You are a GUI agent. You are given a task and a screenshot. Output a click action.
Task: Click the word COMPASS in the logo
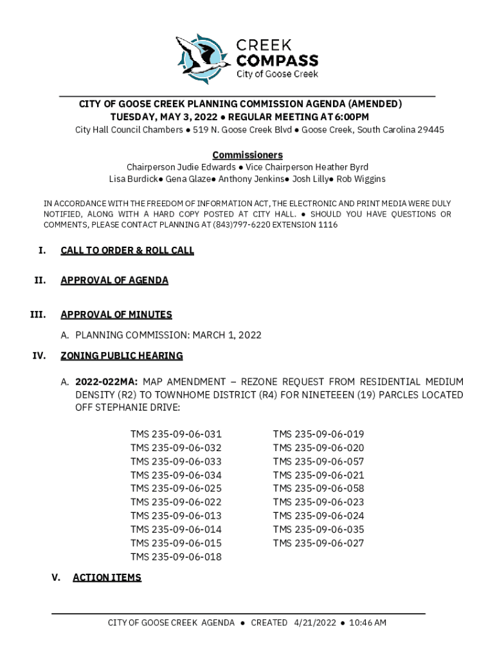click(x=278, y=60)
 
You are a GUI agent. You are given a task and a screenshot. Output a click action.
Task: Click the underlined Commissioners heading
click(x=248, y=156)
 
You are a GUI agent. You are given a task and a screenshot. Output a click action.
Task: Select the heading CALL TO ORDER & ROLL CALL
click(x=127, y=251)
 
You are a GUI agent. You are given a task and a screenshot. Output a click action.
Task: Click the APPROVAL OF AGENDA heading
click(x=114, y=280)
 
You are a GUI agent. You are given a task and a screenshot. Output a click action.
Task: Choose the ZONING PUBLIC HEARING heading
click(x=122, y=355)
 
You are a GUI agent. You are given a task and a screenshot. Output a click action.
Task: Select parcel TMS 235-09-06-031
click(x=176, y=434)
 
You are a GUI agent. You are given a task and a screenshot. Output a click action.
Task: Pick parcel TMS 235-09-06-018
click(x=176, y=557)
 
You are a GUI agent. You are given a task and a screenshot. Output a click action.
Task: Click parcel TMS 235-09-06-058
click(x=319, y=489)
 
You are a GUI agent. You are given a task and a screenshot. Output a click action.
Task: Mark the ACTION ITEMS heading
click(x=107, y=578)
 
